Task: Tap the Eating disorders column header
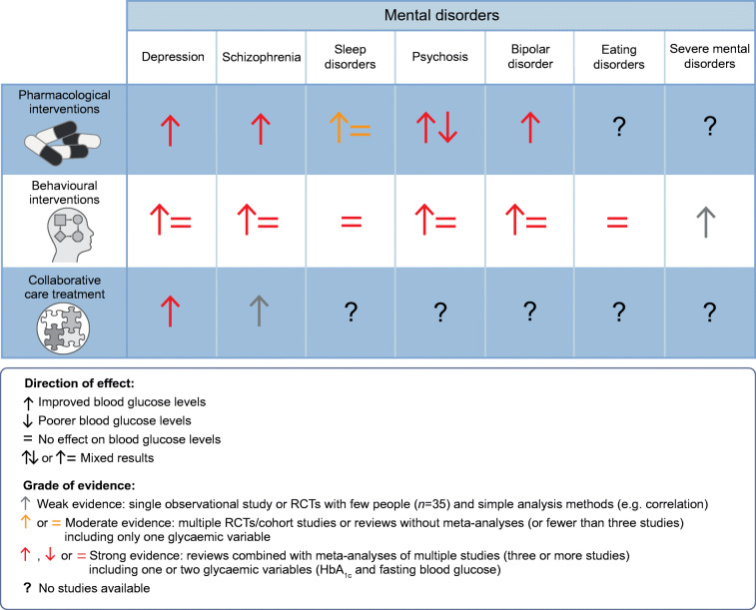[616, 57]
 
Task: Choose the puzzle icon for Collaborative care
[62, 322]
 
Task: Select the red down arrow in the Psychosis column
[447, 128]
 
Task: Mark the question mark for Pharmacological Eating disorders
[616, 128]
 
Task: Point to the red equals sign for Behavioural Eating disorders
[616, 219]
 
